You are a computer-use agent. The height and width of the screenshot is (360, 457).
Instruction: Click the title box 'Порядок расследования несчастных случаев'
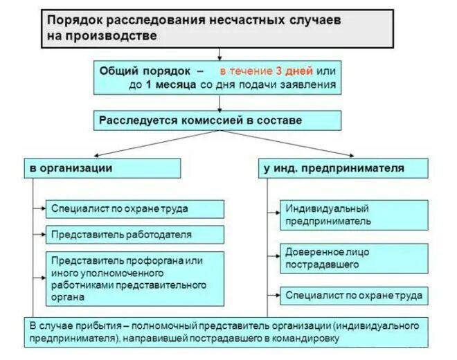(x=219, y=28)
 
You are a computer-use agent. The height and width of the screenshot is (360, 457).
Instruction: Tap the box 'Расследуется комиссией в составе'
(x=218, y=120)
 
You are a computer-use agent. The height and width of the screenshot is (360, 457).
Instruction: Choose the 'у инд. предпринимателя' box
(x=345, y=168)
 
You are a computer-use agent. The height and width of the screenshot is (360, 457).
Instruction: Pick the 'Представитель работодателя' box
(x=136, y=235)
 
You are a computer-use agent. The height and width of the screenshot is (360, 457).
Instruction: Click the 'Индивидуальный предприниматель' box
(x=354, y=215)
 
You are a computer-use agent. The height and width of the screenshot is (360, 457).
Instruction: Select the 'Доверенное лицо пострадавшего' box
(x=354, y=258)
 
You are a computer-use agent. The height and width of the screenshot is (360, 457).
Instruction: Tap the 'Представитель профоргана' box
(x=136, y=278)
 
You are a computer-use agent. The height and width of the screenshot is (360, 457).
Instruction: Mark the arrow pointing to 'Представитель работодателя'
(x=39, y=235)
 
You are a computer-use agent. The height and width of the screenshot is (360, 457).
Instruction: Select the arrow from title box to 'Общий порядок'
(x=219, y=54)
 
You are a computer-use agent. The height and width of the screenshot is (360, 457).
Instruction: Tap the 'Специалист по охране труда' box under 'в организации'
(x=136, y=208)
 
